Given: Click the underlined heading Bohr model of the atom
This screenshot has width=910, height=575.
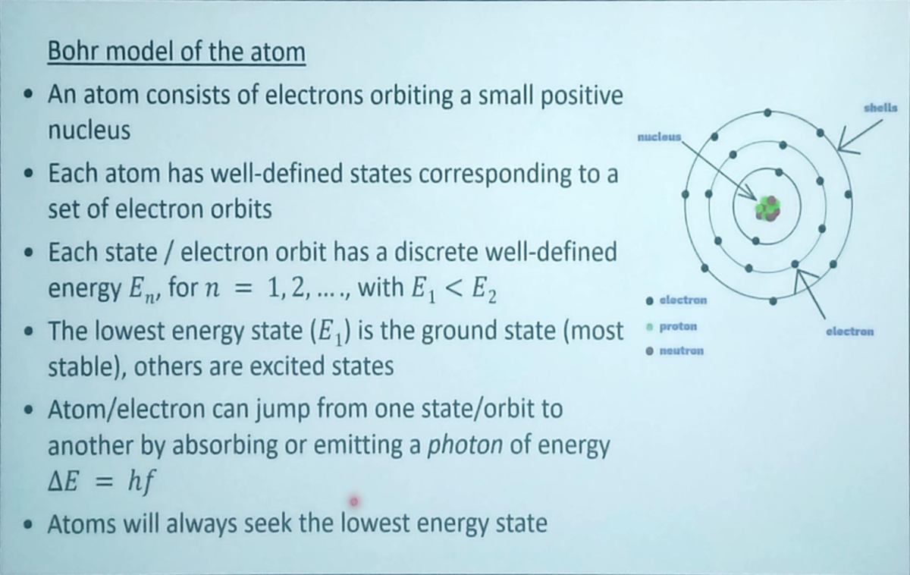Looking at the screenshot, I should (x=176, y=52).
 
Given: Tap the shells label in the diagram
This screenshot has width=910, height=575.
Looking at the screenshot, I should (x=880, y=108).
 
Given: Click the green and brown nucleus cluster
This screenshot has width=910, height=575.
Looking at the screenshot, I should (x=767, y=207).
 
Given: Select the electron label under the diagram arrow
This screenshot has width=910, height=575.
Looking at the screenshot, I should (x=850, y=331).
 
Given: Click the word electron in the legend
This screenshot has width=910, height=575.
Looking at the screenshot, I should (x=683, y=300).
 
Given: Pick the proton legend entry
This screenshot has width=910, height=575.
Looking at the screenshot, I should (x=678, y=326).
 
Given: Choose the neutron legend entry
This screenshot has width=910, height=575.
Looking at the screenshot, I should (x=682, y=351).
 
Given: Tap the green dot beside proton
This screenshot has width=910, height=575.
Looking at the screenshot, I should (x=649, y=326).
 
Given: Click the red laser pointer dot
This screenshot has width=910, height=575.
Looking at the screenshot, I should (x=353, y=501).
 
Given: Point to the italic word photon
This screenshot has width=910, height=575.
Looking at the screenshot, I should (x=465, y=445).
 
